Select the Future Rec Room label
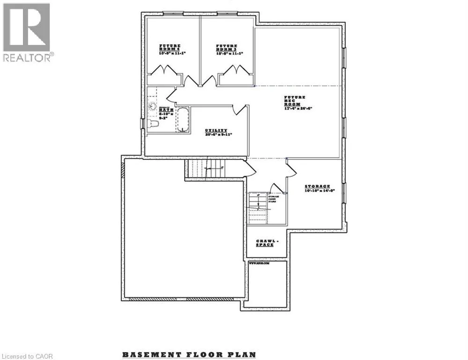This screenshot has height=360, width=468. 295,100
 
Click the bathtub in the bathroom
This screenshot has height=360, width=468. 182,120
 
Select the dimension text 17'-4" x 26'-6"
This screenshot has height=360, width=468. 297,108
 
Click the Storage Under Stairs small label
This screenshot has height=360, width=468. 274,199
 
